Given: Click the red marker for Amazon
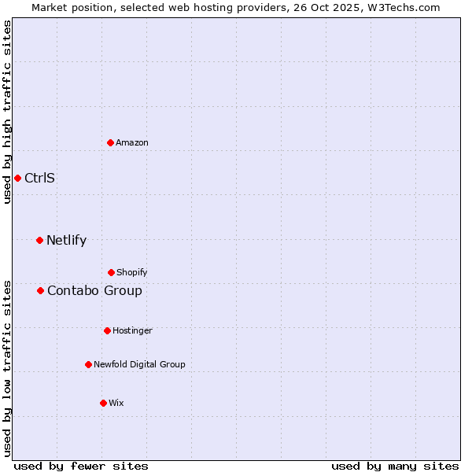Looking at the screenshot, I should (111, 142).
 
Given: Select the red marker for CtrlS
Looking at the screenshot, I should (17, 178).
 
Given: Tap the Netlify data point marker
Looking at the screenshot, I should (39, 240).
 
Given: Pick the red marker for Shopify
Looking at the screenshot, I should (111, 272).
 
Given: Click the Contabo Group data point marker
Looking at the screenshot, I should (40, 290).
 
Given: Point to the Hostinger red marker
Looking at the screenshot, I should (107, 330).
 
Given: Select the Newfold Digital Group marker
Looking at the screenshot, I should (88, 364).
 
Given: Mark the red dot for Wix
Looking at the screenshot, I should (103, 403).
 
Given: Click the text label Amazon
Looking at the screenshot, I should (132, 142).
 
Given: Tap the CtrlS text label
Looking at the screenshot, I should (39, 178).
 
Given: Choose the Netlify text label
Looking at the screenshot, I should (66, 240).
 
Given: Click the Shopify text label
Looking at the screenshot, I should (131, 272).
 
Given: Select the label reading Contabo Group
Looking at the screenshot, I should (94, 290).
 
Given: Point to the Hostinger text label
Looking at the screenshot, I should (132, 330).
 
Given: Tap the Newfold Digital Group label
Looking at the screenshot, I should (139, 364).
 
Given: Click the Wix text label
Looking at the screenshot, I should (116, 403).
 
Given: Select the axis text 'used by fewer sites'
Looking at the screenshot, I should (81, 466).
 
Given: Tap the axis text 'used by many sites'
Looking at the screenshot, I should (395, 466).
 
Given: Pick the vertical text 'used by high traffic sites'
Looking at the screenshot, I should (7, 112).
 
